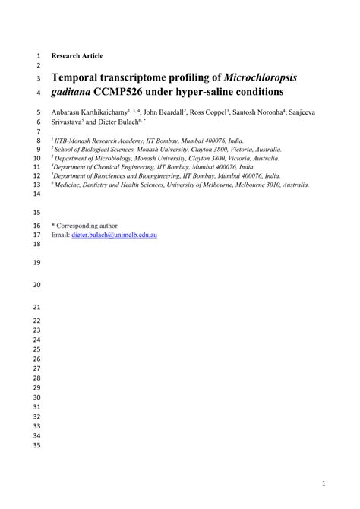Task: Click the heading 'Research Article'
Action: pos(77,56)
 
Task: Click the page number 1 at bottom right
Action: pos(324,482)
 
